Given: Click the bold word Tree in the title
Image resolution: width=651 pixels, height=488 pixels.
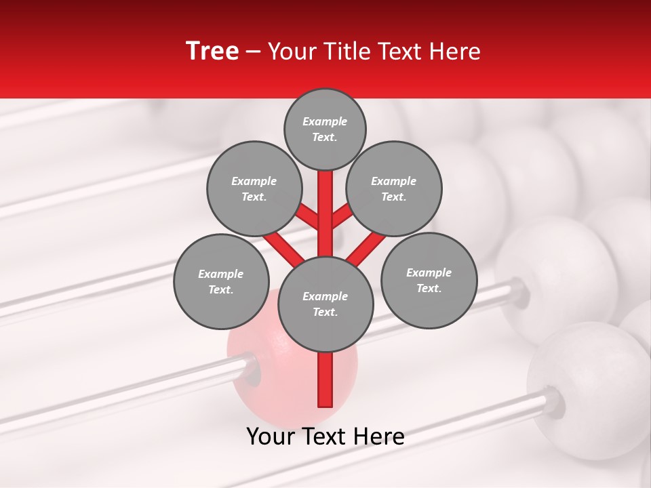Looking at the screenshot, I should [212, 51].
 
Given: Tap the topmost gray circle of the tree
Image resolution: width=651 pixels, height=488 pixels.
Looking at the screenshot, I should [325, 129].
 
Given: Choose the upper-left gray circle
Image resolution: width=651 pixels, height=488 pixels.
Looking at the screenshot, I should [254, 188].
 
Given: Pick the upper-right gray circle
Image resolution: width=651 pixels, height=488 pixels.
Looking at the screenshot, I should [394, 188].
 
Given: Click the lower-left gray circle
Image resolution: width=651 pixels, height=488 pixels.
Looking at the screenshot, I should [221, 281].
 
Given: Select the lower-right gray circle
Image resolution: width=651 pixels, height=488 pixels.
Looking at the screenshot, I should [429, 280].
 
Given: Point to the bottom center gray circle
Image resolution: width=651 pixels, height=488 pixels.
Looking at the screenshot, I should [325, 304].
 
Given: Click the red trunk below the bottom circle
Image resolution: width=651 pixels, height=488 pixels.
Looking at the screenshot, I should [325, 380].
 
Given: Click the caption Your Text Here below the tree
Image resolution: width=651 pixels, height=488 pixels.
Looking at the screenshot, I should [325, 436].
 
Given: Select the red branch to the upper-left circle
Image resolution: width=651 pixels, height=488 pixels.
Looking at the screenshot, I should [308, 217].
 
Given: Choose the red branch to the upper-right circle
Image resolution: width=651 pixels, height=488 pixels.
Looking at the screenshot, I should [341, 216].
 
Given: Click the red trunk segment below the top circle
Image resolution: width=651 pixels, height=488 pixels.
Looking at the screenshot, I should [325, 203].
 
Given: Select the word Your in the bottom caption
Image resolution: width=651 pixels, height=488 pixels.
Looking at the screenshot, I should [270, 436].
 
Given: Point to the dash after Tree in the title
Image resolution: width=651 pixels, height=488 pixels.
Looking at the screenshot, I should [254, 52].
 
